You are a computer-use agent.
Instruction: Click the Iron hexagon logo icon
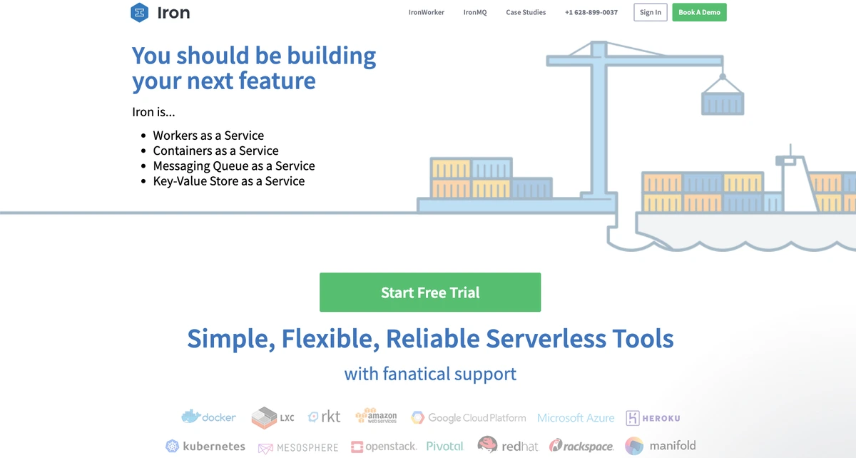(x=141, y=12)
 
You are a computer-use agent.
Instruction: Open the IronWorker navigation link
(x=427, y=12)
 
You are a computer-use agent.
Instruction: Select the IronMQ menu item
(x=475, y=12)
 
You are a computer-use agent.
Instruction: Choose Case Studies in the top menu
(x=526, y=12)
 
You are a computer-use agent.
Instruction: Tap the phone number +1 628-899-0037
(x=591, y=12)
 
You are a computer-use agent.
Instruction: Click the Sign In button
(x=651, y=12)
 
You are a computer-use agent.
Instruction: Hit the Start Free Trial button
(x=430, y=292)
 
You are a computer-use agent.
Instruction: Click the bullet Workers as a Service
(x=208, y=136)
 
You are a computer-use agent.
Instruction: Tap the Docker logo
(x=208, y=417)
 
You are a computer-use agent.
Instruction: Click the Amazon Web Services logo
(x=376, y=417)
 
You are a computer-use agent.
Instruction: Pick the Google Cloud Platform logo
(x=468, y=417)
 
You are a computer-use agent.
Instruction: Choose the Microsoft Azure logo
(x=576, y=417)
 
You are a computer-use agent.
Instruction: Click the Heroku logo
(x=653, y=418)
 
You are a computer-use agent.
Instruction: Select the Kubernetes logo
(x=205, y=447)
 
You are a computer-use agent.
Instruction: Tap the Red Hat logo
(x=508, y=446)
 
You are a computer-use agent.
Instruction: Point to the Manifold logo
(x=661, y=446)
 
